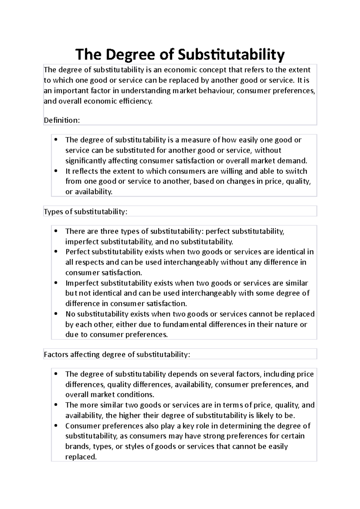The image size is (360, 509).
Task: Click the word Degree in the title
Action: coord(133,55)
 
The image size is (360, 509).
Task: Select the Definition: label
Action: coord(62,120)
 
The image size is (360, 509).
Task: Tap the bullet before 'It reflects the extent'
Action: coord(56,171)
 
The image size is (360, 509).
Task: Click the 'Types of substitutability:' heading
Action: coord(85,212)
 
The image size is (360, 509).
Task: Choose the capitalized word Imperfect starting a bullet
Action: coord(82,283)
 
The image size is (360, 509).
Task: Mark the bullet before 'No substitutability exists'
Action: coord(56,314)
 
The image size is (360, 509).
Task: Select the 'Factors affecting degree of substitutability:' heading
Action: coord(117,354)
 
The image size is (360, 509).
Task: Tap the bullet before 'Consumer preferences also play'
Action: coord(56,426)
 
